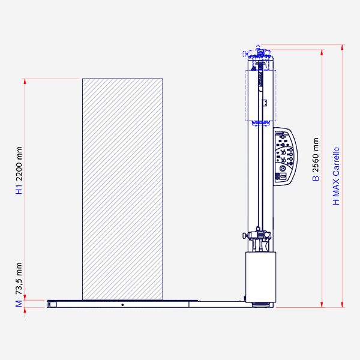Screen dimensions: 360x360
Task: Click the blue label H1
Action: pyautogui.click(x=19, y=190)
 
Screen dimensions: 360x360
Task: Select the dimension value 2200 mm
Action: pyautogui.click(x=19, y=164)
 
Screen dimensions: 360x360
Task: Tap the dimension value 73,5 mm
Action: pyautogui.click(x=19, y=278)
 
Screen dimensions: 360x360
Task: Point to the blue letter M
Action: pyautogui.click(x=19, y=304)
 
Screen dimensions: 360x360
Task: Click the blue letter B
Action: pyautogui.click(x=316, y=178)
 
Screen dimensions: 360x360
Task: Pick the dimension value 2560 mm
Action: pyautogui.click(x=316, y=155)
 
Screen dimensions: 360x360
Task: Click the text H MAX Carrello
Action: pyautogui.click(x=336, y=176)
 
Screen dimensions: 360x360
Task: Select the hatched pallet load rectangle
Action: pyautogui.click(x=122, y=189)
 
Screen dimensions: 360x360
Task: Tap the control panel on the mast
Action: pyautogui.click(x=285, y=157)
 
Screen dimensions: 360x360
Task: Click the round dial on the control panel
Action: pyautogui.click(x=283, y=169)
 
